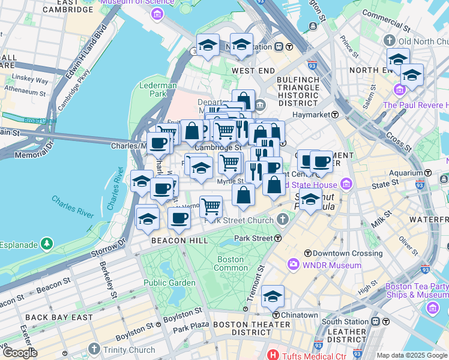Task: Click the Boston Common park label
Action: (x=230, y=263)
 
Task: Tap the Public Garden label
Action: (x=169, y=283)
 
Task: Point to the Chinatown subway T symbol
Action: (x=275, y=314)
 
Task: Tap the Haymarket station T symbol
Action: (x=334, y=114)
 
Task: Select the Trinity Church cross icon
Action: (x=94, y=349)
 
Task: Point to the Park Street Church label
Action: (x=239, y=220)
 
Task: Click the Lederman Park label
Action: (x=157, y=89)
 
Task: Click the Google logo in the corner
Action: (x=19, y=353)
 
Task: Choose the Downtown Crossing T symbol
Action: (x=308, y=253)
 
